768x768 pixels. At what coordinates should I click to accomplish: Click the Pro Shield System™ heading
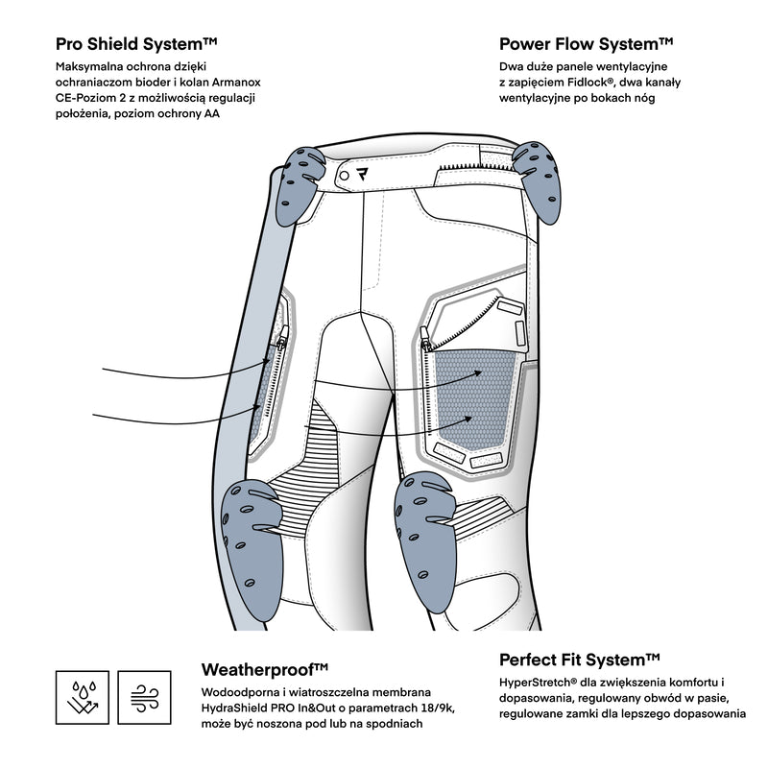coord(135,44)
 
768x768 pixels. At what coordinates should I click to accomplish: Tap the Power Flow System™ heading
coord(586,44)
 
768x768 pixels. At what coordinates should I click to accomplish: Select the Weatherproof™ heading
coord(265,669)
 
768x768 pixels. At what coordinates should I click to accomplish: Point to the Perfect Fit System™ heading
coord(580,660)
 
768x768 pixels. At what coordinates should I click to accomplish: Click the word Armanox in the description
coord(231,83)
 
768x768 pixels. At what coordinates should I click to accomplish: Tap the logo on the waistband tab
coord(363,175)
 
